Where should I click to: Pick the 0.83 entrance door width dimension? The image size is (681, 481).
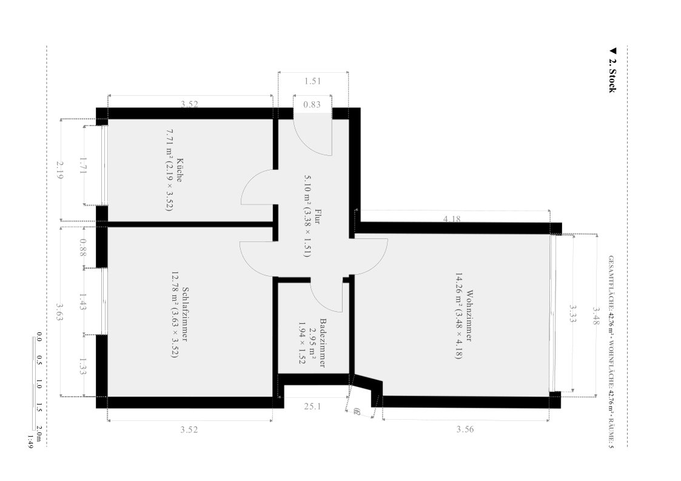(x=312, y=104)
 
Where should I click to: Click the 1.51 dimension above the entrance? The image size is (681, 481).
(x=312, y=81)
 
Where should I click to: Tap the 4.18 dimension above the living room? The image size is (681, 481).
(x=452, y=219)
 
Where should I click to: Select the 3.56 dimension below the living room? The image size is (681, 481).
(x=465, y=429)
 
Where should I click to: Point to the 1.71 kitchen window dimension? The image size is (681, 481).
(x=83, y=165)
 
